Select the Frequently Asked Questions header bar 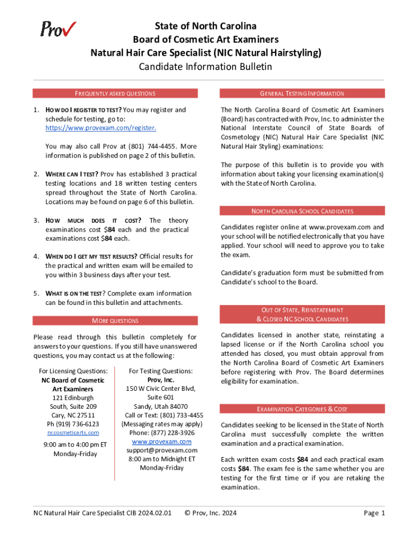coord(115,93)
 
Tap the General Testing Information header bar coord(303,93)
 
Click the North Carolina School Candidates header coord(303,211)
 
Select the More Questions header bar coord(115,321)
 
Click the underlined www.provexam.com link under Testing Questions coord(162,442)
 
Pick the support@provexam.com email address coord(162,450)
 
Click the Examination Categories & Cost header coord(303,409)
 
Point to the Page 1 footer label coord(374,513)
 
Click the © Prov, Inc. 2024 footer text coord(210,513)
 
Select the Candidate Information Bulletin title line coord(205,66)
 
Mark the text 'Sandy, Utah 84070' coord(162,406)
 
